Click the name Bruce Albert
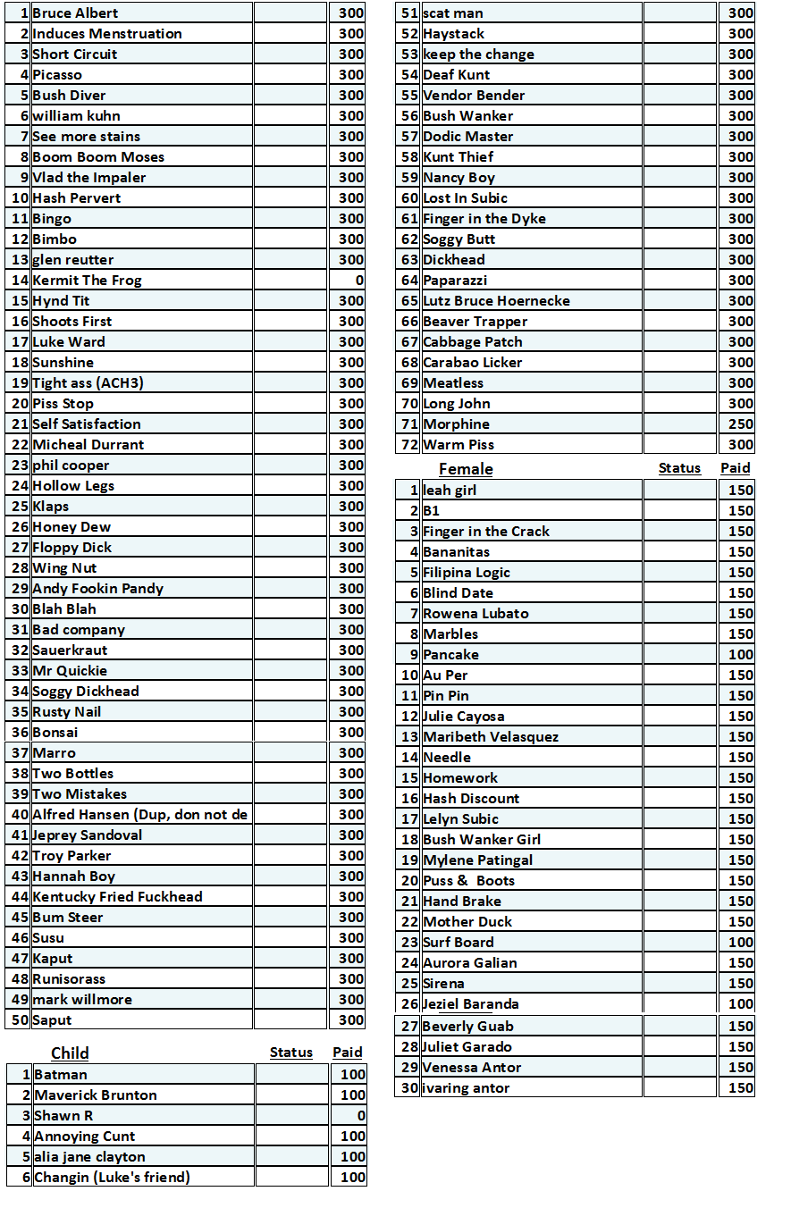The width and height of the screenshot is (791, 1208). pos(75,13)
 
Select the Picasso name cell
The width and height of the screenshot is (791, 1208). pos(57,75)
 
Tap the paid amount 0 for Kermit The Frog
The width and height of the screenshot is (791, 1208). pos(358,281)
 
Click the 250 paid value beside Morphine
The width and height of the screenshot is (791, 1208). pos(740,424)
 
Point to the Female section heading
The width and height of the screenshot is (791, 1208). pos(466,469)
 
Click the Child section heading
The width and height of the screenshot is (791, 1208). pos(70,1053)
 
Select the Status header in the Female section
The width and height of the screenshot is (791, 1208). pos(679,468)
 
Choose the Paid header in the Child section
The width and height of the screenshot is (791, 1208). pos(348,1053)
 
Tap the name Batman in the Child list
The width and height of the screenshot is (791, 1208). pos(61,1075)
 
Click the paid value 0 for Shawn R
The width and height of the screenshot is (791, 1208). pos(360,1116)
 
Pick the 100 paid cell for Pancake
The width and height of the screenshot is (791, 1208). pos(740,655)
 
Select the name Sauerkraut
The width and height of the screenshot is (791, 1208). pos(70,650)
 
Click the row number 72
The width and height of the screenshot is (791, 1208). pos(410,445)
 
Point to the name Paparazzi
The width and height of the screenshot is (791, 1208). pos(455,281)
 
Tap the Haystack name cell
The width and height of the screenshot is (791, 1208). pos(453,34)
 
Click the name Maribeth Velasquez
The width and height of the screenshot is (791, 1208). pos(491,737)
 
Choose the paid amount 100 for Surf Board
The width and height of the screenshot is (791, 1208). pos(740,943)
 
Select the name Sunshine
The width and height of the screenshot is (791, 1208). pos(63,363)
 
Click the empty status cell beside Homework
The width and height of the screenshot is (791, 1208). pos(679,778)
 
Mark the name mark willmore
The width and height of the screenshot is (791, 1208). pos(82,1000)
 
